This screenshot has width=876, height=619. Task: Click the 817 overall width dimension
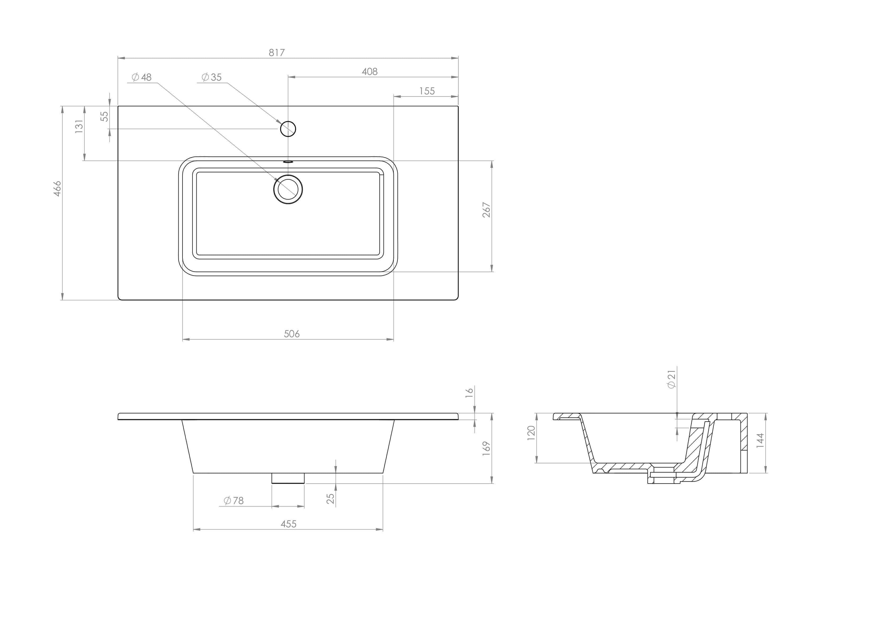[x=277, y=53]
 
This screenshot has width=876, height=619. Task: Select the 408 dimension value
[x=369, y=72]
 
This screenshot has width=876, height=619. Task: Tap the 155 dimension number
[x=427, y=91]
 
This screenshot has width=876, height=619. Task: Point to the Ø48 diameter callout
[x=142, y=78]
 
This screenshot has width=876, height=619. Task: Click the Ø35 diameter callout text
[x=212, y=78]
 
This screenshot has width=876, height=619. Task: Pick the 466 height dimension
[x=57, y=188]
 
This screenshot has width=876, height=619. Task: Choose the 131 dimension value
[x=79, y=126]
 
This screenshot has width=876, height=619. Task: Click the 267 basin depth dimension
[x=486, y=210]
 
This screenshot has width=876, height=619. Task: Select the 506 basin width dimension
[x=292, y=334]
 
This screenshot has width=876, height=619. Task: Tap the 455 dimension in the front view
[x=288, y=524]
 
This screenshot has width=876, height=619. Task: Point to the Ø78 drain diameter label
[x=234, y=500]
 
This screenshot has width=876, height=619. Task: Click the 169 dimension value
[x=486, y=449]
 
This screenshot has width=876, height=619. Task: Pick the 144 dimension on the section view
[x=760, y=440]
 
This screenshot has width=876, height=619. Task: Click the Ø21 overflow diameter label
[x=672, y=379]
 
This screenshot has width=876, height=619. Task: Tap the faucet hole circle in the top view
[x=288, y=129]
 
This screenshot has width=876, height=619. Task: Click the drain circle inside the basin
[x=288, y=189]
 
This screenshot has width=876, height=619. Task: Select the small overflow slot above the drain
[x=288, y=162]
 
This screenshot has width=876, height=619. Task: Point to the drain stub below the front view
[x=288, y=478]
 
